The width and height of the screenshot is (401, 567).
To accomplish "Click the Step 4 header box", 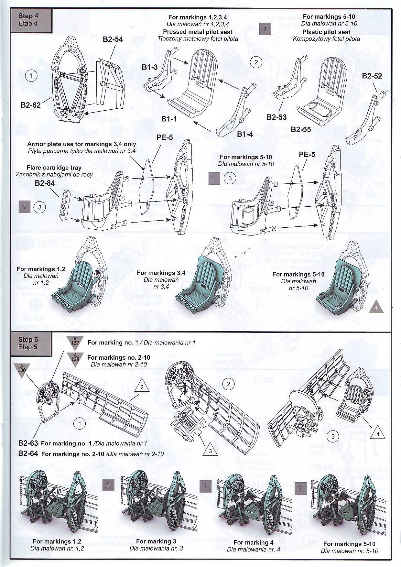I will tap(31, 20).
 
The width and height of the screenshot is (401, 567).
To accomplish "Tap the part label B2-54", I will tap(113, 39).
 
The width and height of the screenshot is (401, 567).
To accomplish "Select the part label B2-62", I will tap(31, 105).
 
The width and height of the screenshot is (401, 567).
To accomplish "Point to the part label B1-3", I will tap(150, 67).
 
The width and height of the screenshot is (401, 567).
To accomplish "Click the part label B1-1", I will tap(169, 119).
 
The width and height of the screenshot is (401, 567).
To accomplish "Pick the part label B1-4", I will tap(245, 134).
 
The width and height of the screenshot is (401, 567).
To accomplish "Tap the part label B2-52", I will tap(372, 76).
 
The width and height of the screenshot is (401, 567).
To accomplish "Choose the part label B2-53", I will tap(276, 117).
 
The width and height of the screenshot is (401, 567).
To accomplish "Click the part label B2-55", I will tap(301, 129).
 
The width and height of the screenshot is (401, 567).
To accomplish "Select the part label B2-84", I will tap(45, 183).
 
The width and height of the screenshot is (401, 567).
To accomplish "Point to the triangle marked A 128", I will tap(75, 359).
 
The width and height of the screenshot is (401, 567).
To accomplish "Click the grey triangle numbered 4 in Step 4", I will tap(376, 307).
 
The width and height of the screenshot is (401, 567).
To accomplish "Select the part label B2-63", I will tap(28, 443).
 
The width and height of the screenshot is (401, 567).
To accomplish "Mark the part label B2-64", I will tap(28, 453).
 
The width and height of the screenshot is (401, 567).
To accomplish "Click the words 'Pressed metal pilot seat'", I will tap(197, 32).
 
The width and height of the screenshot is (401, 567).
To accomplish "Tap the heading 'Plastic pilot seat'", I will tap(326, 32).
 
